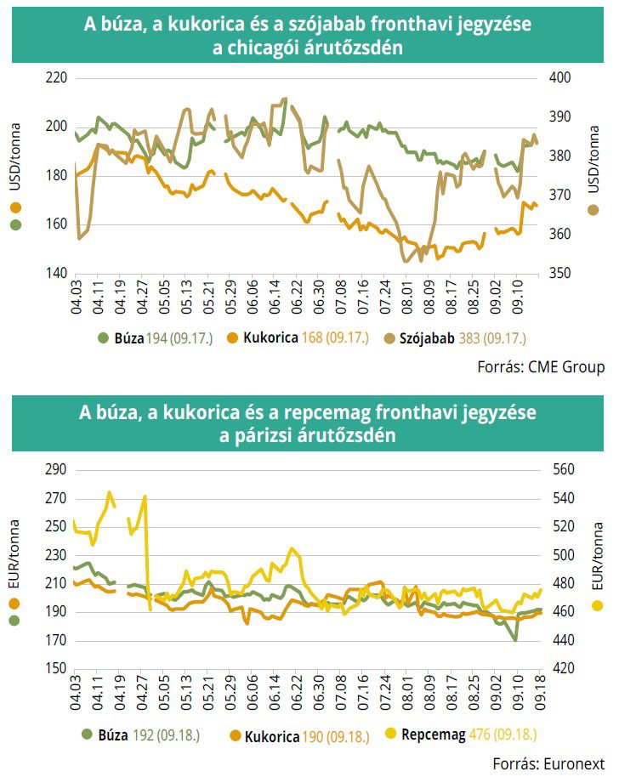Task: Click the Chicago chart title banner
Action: coord(309,37)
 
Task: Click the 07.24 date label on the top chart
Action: coord(385,296)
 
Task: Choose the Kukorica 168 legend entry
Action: coord(298,337)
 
